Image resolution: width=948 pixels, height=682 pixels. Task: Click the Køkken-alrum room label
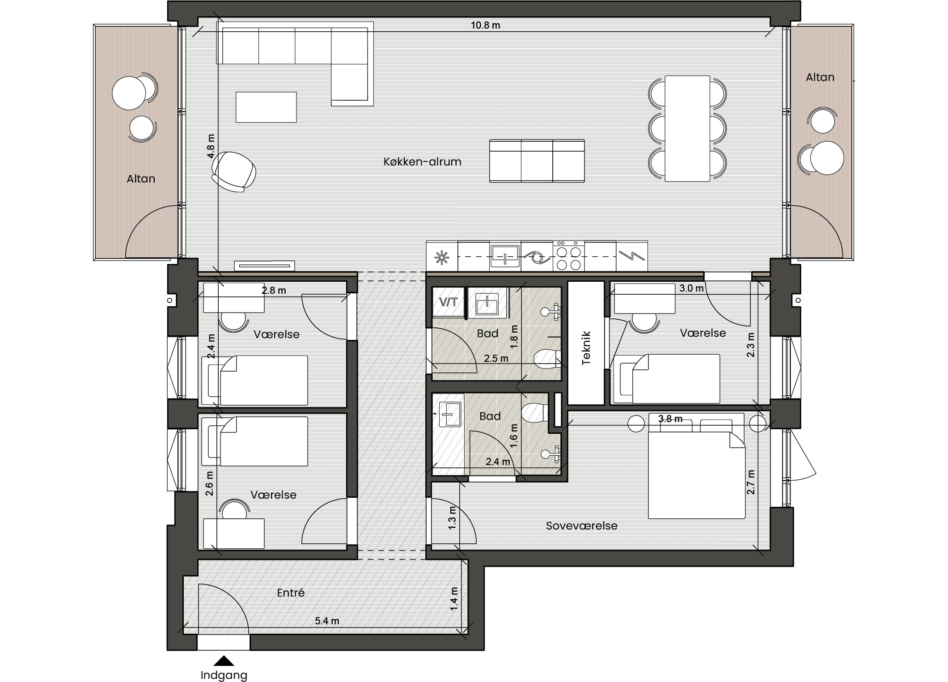pos(422,161)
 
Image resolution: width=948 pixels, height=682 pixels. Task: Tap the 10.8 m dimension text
pos(485,25)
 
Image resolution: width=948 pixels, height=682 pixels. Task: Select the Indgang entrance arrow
pos(224,661)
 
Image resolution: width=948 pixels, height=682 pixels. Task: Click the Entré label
pos(291,593)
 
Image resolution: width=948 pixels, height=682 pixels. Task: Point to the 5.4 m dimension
pos(327,621)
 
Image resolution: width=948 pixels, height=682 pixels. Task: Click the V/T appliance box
pos(448,302)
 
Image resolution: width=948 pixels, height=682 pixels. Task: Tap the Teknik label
pos(586,348)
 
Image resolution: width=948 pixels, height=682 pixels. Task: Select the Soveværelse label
pos(581,525)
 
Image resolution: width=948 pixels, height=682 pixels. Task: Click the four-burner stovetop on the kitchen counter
pos(569,256)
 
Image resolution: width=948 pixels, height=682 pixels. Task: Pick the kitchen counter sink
pos(505,256)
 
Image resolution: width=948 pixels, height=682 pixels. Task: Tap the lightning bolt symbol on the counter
pos(632,256)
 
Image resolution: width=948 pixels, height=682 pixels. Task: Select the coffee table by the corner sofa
pos(266,107)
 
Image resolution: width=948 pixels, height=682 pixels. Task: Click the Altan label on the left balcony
pos(141,178)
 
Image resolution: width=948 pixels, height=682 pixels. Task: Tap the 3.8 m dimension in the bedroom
pos(670,419)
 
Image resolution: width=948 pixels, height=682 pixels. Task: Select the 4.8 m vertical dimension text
pos(211,146)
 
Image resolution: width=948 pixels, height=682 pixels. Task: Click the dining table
pos(687,129)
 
